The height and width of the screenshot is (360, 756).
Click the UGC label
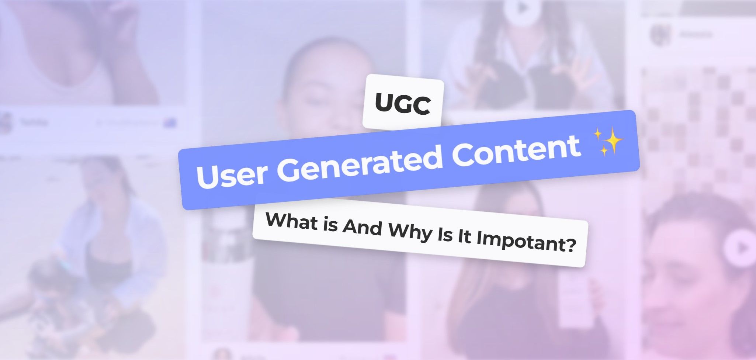(x=403, y=104)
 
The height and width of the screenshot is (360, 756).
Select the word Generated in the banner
(x=360, y=162)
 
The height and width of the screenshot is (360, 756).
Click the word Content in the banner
(x=516, y=149)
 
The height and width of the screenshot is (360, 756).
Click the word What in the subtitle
(x=291, y=221)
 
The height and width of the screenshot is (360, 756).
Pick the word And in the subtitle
(x=362, y=227)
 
